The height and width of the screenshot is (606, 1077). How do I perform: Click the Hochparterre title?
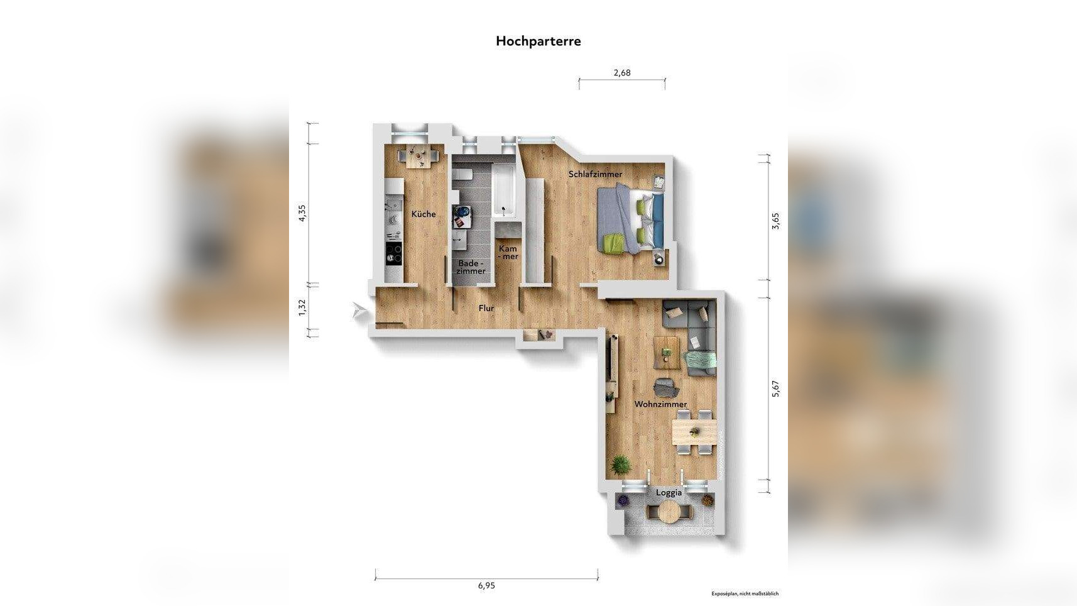(x=538, y=41)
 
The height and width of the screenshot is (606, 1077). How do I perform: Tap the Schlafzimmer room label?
(x=595, y=174)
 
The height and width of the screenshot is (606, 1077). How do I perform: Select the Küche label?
(x=424, y=214)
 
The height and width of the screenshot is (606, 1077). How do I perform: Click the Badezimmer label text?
(x=471, y=267)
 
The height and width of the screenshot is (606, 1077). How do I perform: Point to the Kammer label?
(x=508, y=253)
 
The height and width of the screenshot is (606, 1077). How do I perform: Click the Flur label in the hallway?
(x=486, y=308)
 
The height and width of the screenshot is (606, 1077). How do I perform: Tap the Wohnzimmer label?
(x=660, y=404)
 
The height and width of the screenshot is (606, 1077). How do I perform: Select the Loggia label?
(x=669, y=493)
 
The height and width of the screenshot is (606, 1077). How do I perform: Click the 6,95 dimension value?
(x=486, y=585)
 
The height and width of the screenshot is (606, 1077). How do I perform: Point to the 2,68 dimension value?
(x=621, y=73)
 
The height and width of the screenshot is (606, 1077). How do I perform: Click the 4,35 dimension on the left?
(x=302, y=213)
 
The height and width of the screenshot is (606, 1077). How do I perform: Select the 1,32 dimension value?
(x=302, y=307)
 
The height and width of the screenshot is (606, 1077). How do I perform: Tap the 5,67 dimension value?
(x=775, y=389)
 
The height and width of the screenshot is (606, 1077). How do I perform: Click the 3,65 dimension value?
(x=775, y=221)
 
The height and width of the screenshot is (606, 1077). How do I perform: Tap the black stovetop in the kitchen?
(x=394, y=253)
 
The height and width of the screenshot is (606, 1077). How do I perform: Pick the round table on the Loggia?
(x=669, y=512)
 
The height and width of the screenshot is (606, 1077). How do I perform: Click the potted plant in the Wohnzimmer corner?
(x=620, y=465)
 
